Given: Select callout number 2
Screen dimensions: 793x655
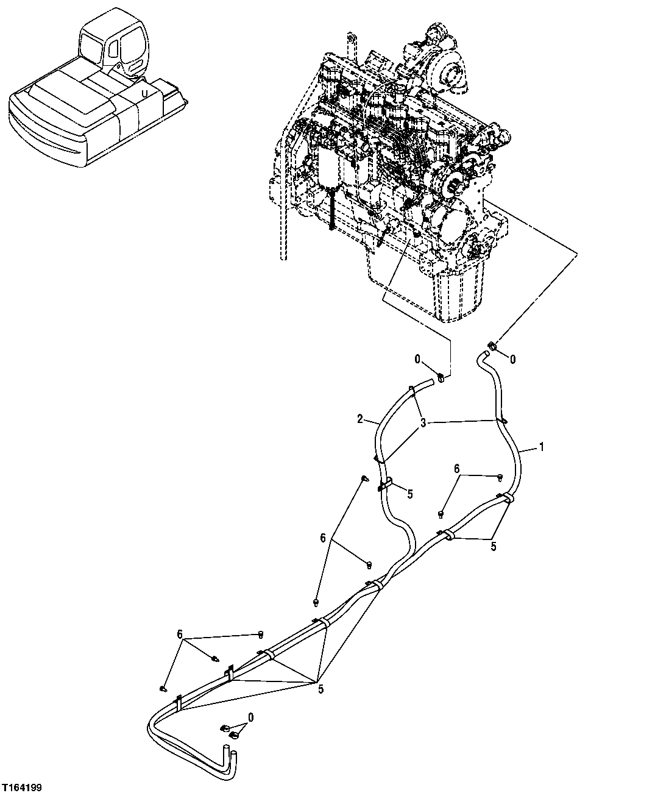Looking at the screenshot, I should click(x=360, y=419).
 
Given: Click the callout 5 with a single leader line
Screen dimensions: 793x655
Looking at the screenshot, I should click(x=409, y=494).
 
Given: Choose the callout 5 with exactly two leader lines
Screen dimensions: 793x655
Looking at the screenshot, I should click(x=493, y=546).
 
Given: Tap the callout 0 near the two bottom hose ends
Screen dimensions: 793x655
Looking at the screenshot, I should click(x=250, y=717).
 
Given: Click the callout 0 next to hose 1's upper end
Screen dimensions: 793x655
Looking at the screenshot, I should click(x=512, y=360).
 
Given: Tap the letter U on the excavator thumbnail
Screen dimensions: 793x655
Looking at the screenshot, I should click(x=144, y=93).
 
